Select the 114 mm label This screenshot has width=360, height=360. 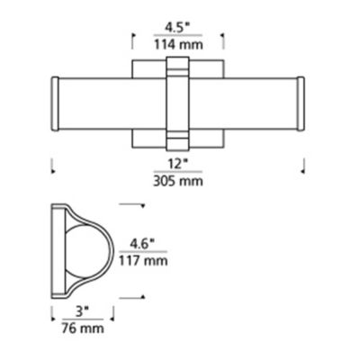click(x=178, y=45)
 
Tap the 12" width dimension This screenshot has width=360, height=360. click(x=178, y=164)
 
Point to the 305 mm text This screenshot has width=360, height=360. click(x=178, y=181)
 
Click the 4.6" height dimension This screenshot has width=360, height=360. click(x=143, y=244)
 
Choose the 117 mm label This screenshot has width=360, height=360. click(x=143, y=261)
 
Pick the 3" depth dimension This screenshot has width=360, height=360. click(x=83, y=312)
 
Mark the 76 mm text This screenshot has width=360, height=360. click(x=83, y=328)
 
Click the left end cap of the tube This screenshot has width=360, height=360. click(x=55, y=103)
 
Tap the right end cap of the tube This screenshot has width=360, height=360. click(x=301, y=103)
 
